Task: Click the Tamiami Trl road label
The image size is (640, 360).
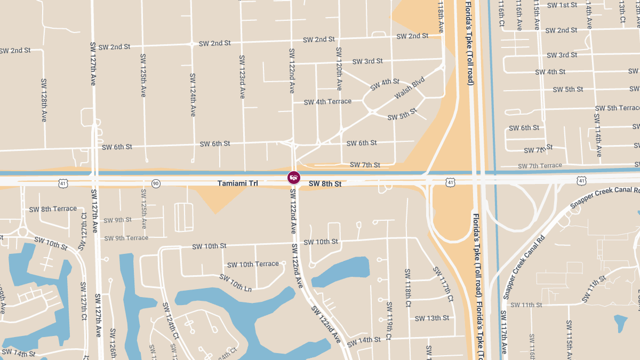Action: [237, 183]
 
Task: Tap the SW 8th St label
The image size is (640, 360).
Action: [325, 184]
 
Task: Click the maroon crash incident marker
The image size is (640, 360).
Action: [293, 178]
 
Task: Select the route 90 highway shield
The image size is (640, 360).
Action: [155, 183]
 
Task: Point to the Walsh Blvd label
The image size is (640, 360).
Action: [410, 88]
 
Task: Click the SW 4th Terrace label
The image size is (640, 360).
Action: [327, 101]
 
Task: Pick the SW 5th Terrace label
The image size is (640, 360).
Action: [617, 108]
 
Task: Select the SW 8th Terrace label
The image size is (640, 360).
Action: [53, 209]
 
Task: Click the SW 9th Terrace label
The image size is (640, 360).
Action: [126, 238]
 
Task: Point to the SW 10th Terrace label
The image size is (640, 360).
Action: [253, 264]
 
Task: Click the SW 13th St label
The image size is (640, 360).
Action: [431, 318]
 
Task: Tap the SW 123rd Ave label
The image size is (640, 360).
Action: [242, 77]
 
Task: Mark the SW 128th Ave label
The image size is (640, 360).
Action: [44, 100]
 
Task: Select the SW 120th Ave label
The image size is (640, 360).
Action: [338, 68]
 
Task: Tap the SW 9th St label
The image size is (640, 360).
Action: [117, 220]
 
